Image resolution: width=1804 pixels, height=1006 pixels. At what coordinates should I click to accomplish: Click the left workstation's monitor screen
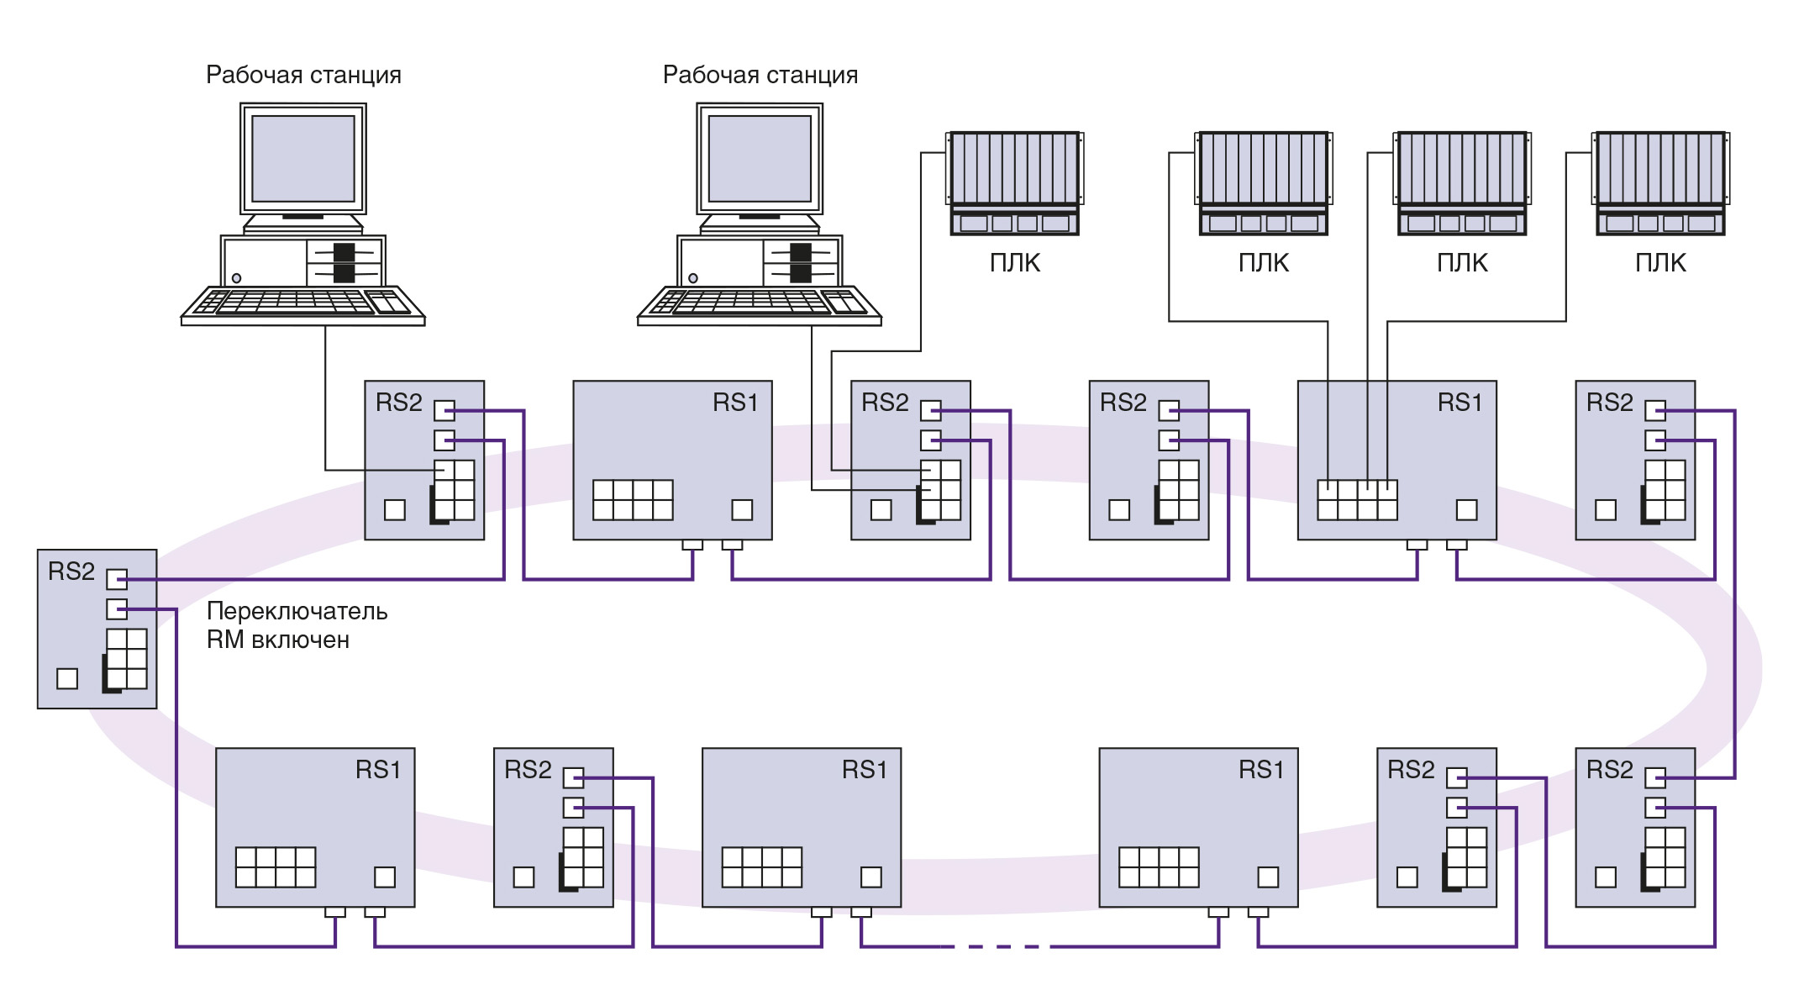coord(303,159)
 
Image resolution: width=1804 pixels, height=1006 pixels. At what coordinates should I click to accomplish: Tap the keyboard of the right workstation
coord(760,303)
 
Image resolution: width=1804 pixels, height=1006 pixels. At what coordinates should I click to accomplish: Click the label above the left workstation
coord(303,75)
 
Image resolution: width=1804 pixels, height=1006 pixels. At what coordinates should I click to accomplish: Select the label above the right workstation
coord(760,75)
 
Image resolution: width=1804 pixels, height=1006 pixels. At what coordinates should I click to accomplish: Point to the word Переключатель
coord(297,611)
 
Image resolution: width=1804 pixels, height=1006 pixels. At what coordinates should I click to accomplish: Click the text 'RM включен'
coord(277,640)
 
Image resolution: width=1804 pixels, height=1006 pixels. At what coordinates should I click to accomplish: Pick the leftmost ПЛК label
coord(1015,263)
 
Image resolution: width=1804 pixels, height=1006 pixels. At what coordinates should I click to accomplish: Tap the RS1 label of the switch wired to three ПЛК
coord(1460,403)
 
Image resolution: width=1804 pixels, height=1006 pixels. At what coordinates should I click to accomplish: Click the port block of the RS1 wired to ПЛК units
coord(1357,500)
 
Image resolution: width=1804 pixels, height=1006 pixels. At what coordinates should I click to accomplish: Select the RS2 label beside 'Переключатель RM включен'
coord(71,571)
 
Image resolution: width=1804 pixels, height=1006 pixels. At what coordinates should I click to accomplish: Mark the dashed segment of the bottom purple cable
coord(1000,946)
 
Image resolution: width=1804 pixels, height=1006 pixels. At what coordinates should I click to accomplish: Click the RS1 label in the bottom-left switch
coord(378,770)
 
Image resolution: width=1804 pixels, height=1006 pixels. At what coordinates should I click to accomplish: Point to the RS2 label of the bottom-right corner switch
coord(1609,770)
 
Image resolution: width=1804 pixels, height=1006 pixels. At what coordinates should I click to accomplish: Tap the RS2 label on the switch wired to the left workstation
coord(398,403)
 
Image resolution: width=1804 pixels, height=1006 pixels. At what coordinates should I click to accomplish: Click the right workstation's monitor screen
coord(760,159)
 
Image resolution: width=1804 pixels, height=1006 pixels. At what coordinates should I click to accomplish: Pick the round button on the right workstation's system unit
coord(693,278)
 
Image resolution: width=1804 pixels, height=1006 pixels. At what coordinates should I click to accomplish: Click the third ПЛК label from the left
coord(1462,263)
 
